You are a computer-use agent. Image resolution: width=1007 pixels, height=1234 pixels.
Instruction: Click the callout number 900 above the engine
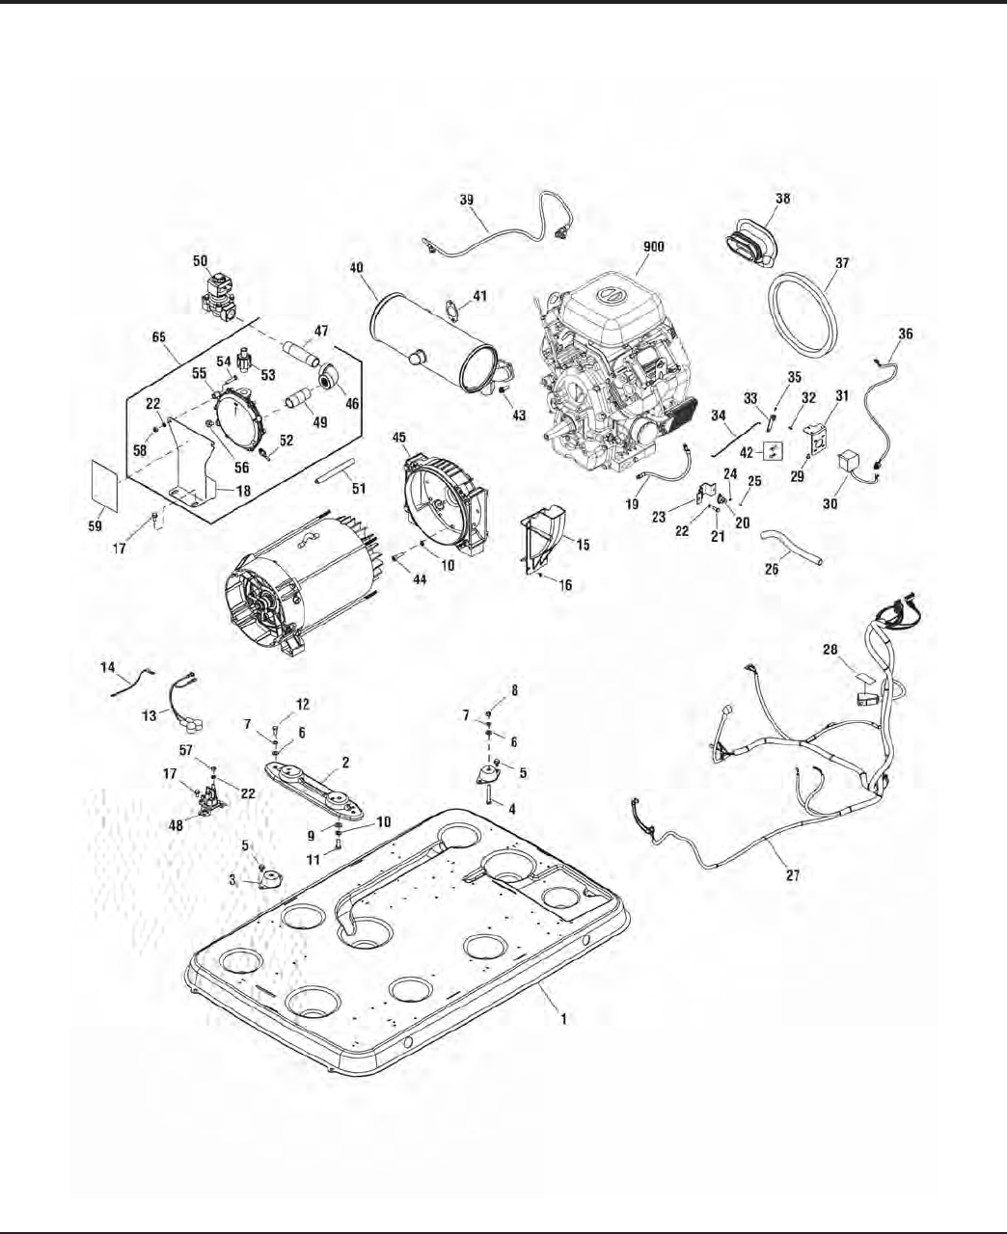pos(653,247)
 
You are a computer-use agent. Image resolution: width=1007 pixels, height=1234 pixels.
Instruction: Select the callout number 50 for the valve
pos(200,260)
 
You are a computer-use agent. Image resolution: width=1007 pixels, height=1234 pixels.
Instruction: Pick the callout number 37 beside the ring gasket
pos(842,262)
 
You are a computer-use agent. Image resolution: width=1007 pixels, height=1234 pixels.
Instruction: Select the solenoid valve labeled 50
pos(221,296)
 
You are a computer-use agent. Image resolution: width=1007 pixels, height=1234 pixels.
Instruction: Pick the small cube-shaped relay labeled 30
pos(852,464)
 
